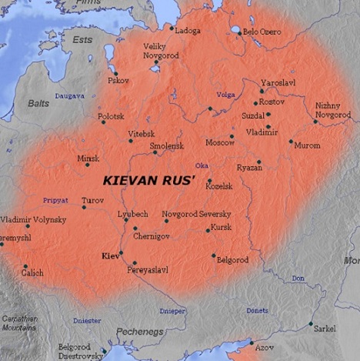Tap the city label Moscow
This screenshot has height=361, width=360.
[x=220, y=142]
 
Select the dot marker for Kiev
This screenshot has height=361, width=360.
[x=121, y=252]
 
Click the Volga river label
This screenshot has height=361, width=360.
[x=225, y=95]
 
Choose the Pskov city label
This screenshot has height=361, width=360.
[x=118, y=80]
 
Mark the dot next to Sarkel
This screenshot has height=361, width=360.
[x=311, y=324]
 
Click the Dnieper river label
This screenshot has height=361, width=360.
[x=172, y=311]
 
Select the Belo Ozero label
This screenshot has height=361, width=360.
[x=262, y=32]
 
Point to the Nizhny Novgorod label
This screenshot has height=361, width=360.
[x=332, y=109]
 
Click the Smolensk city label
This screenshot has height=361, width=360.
[x=167, y=145]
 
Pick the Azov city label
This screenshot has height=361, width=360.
[x=264, y=347]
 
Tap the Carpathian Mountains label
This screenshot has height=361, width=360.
[x=19, y=323]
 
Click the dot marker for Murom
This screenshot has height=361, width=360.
[x=291, y=141]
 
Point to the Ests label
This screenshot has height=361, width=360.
[x=82, y=38]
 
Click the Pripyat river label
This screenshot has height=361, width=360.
[x=55, y=200]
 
